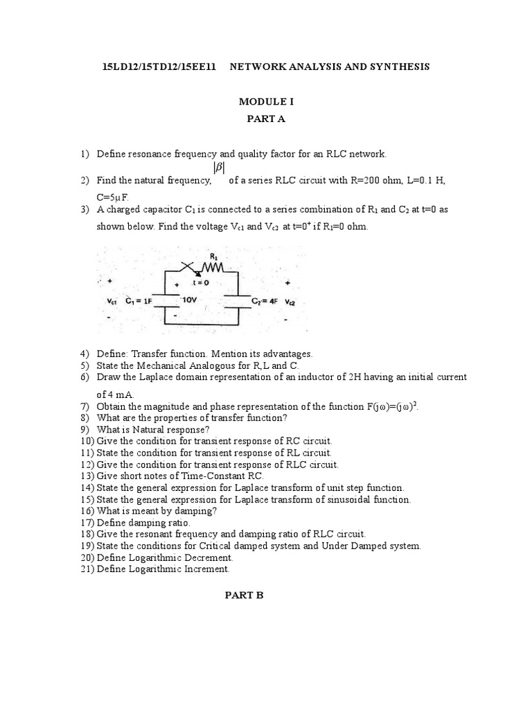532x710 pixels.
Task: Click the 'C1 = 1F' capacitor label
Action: click(x=139, y=302)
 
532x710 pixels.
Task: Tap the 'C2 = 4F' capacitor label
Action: click(x=262, y=302)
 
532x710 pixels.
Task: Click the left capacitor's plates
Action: click(x=165, y=299)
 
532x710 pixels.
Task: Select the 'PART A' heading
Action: click(x=266, y=119)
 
